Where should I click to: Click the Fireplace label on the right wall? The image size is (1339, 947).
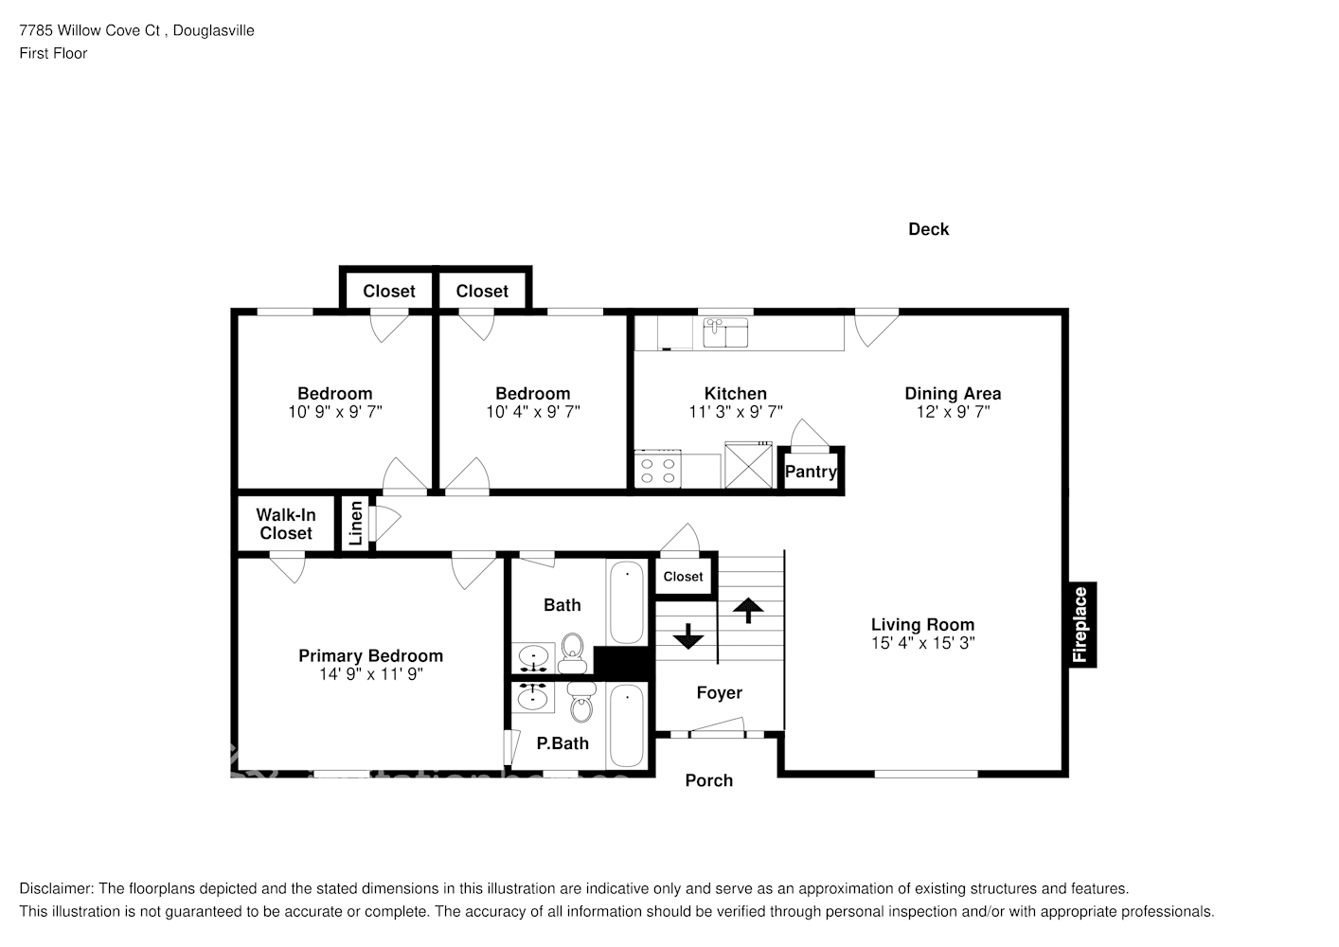tap(1081, 625)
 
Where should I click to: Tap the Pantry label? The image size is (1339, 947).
tap(811, 472)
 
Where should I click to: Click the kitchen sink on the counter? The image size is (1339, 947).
tap(725, 332)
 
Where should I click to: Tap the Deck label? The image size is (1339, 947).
tap(928, 229)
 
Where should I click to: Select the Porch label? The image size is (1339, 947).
tap(708, 780)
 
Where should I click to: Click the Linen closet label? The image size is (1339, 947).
tap(356, 524)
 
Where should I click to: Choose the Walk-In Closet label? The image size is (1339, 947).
tap(286, 524)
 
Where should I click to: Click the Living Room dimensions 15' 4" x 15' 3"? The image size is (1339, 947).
tap(922, 643)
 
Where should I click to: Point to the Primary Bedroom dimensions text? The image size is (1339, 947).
tap(370, 674)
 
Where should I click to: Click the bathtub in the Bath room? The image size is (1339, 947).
tap(626, 603)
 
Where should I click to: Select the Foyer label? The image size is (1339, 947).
tap(719, 693)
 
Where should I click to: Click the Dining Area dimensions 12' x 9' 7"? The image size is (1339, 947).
tap(953, 412)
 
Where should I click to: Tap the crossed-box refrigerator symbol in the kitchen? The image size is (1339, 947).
tap(748, 465)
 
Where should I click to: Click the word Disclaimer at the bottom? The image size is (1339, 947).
tap(56, 889)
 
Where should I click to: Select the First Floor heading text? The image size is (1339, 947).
tap(53, 54)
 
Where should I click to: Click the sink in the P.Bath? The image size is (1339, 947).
tap(534, 699)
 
